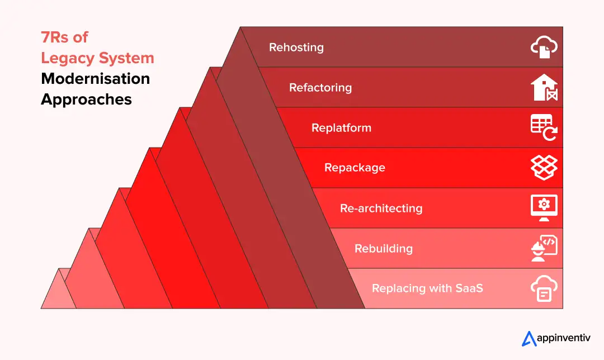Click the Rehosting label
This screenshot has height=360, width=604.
[x=296, y=48]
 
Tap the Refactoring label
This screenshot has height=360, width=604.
[x=320, y=88]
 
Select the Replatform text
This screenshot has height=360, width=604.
[x=341, y=128]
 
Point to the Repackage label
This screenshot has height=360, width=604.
[x=355, y=168]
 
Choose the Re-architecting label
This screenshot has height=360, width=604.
[x=381, y=209]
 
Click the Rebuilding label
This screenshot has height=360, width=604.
[x=384, y=249]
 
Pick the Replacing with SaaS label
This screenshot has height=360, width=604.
[x=427, y=289]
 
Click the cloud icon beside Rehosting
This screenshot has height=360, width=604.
[x=544, y=48]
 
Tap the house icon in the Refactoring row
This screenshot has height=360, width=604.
[x=544, y=88]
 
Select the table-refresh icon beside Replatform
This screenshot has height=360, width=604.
[x=544, y=128]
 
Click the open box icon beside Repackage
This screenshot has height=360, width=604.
[x=544, y=168]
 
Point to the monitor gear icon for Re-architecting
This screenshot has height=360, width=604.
[x=544, y=208]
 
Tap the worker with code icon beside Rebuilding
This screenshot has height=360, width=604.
[x=544, y=249]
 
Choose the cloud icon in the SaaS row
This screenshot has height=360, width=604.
[x=544, y=289]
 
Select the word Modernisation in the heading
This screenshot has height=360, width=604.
[x=95, y=79]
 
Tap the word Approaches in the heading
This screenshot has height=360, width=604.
[x=86, y=100]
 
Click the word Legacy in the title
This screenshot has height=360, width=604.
[x=67, y=58]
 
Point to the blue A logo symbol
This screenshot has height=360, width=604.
[x=528, y=338]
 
